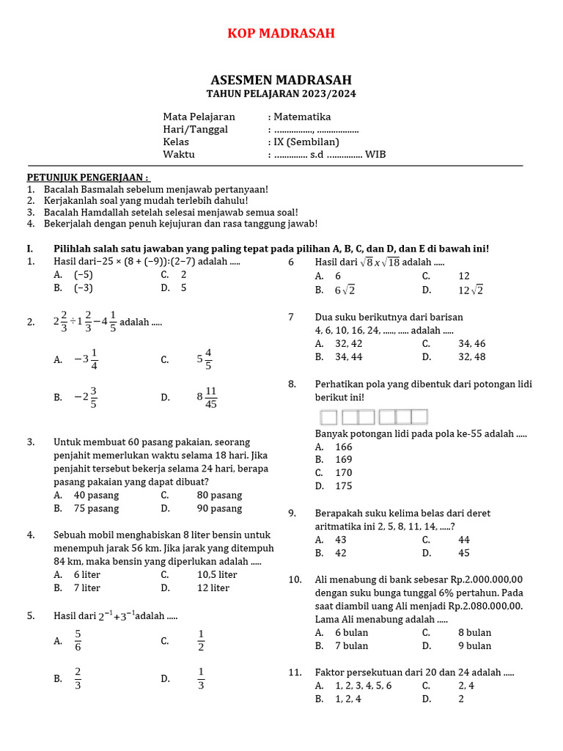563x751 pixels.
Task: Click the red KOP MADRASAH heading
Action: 281,34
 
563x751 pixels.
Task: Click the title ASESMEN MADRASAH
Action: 281,80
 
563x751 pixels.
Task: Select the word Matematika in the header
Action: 302,117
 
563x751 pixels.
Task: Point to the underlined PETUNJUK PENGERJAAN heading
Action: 88,177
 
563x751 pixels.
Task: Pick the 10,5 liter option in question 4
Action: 217,574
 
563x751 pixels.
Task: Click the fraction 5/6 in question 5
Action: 78,640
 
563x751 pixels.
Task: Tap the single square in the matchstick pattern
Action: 328,417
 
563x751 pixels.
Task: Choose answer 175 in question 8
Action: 343,486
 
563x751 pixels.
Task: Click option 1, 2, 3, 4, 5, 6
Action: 363,686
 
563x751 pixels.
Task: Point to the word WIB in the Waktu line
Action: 375,154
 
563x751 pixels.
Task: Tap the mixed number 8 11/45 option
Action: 207,398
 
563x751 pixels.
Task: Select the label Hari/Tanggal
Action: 195,129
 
